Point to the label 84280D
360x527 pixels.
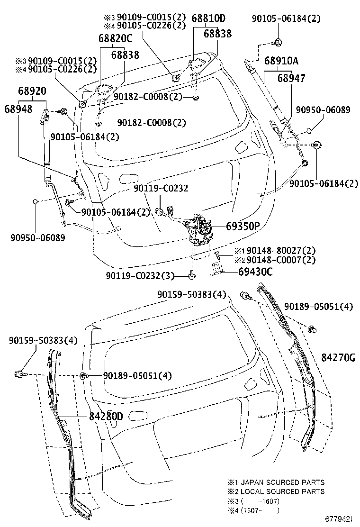[x=106, y=417]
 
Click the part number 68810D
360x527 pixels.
[x=208, y=18]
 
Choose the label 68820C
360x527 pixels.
[x=116, y=38]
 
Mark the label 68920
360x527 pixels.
[x=32, y=91]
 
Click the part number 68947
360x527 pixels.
[x=291, y=78]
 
